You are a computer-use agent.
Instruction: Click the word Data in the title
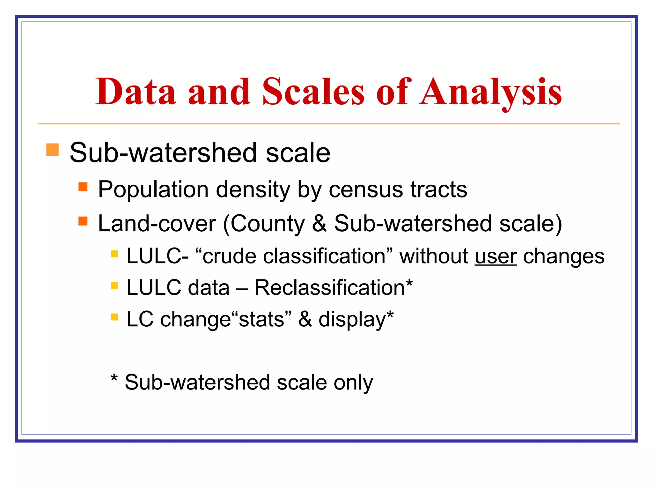tap(136, 92)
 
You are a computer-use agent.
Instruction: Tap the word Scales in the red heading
tap(313, 92)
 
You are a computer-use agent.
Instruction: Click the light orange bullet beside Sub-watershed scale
tap(53, 150)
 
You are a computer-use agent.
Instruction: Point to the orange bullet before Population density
tap(83, 187)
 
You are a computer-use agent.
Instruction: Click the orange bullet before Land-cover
tap(83, 221)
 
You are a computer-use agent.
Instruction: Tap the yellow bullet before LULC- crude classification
tap(114, 254)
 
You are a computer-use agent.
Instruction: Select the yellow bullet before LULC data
tap(114, 286)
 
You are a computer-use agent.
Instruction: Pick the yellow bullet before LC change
tap(114, 317)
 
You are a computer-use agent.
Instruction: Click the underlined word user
tap(495, 256)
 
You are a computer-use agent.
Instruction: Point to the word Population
tap(153, 190)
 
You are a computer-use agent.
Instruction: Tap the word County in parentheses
tap(268, 224)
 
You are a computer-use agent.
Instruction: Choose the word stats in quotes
tap(261, 319)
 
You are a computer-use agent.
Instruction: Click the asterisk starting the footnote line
tap(114, 379)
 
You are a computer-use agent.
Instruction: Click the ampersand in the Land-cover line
tap(319, 223)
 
